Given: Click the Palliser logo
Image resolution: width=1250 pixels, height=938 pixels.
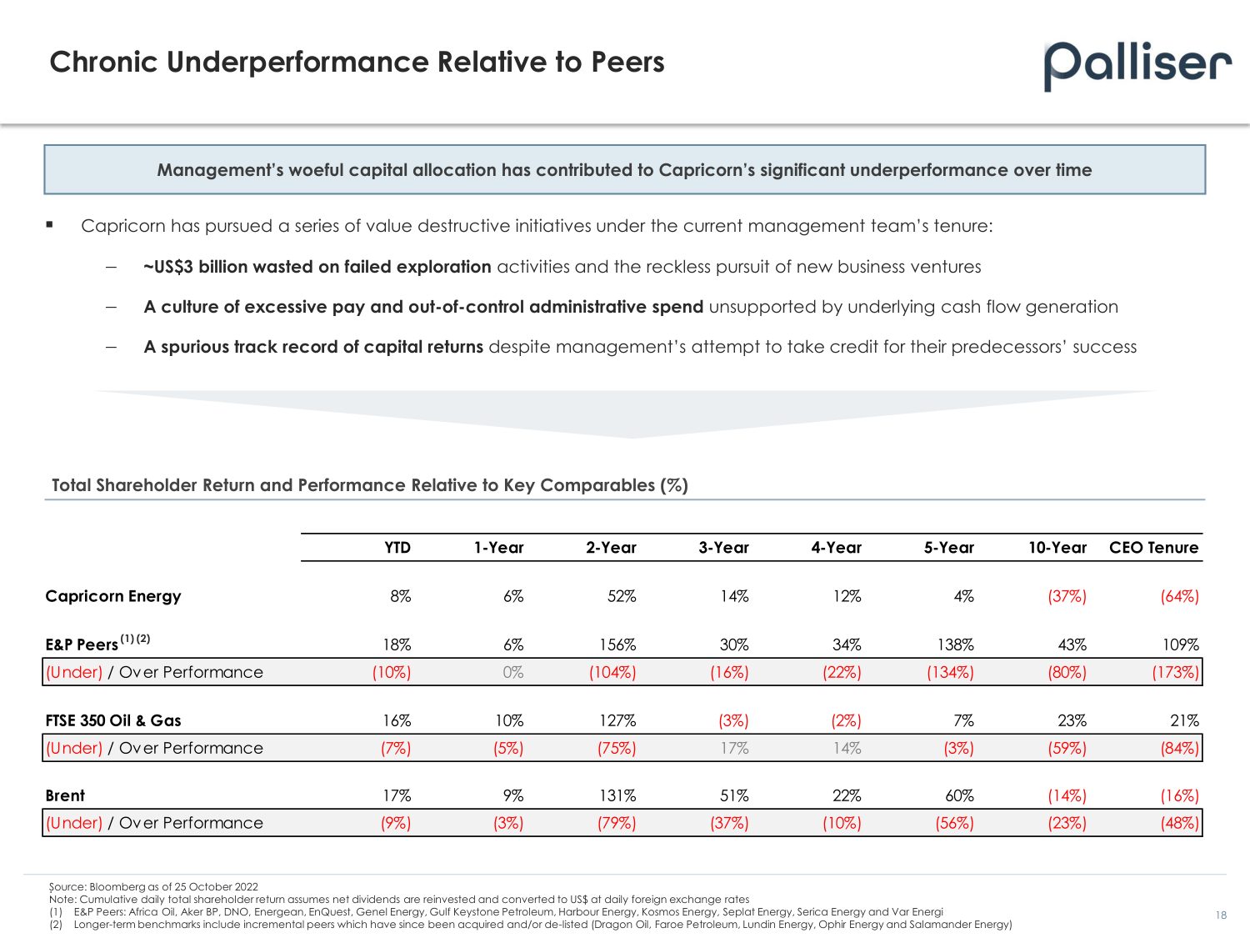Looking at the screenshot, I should coord(1137,65).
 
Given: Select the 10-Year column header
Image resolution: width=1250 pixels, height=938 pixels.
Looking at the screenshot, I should coord(1057,548).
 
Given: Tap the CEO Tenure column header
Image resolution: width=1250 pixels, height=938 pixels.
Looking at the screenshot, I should coord(1153,548).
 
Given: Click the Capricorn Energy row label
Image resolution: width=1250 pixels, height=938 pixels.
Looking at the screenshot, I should coord(112,596).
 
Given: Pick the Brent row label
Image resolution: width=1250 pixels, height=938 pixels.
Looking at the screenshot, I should coord(65,795).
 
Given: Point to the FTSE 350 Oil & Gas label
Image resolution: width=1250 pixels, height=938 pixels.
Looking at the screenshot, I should coord(112,720).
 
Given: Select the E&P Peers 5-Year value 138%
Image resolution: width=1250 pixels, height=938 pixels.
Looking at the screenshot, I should coord(955,645).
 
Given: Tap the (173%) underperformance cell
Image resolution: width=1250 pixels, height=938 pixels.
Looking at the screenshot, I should coord(1175,672).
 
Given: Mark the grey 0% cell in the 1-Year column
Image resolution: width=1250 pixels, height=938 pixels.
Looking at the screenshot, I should coord(513,672).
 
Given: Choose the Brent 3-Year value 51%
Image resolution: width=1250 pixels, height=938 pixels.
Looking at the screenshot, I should coord(734,795).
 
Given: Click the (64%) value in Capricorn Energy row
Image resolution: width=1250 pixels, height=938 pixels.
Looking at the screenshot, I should coord(1179,596).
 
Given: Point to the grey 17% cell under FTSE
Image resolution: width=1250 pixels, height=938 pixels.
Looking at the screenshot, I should coord(734,748).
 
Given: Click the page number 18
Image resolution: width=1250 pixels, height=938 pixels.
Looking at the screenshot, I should coord(1221,915).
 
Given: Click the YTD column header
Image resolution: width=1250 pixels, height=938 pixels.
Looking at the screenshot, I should coord(397,548).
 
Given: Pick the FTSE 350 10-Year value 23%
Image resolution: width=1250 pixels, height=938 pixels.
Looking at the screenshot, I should coord(1072,720).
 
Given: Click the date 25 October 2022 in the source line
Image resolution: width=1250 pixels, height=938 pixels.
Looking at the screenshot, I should coord(216,887).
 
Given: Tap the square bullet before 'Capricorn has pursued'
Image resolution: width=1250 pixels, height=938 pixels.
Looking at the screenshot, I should coord(50,224).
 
